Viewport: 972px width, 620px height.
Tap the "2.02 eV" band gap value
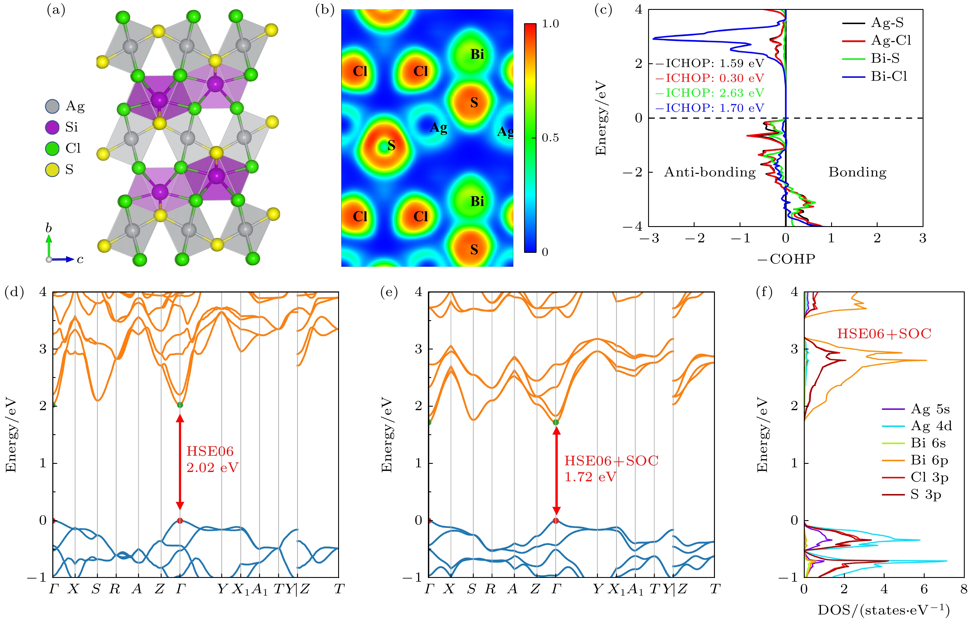point(212,468)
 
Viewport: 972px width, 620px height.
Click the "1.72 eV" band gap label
point(590,477)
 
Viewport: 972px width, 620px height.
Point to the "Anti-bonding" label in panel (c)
point(710,172)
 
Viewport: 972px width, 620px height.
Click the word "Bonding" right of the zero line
point(857,172)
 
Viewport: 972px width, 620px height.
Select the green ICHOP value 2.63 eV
point(714,93)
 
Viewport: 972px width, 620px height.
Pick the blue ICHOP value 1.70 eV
point(714,108)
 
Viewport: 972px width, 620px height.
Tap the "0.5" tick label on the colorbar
point(550,138)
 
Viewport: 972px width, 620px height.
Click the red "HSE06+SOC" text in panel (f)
point(884,334)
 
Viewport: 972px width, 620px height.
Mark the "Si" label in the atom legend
point(71,127)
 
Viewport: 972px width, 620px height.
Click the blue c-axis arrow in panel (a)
point(64,259)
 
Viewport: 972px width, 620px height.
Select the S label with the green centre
point(391,146)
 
